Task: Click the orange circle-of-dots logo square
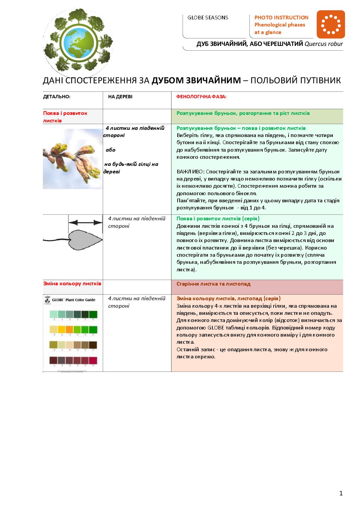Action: point(330,24)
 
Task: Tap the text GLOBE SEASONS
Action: point(208,18)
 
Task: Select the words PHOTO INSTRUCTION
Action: point(281,17)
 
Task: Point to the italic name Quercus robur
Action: point(324,44)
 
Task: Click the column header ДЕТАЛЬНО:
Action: point(56,97)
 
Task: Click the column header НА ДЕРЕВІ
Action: point(120,97)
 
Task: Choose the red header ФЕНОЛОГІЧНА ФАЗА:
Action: point(201,97)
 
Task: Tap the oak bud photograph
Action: point(72,158)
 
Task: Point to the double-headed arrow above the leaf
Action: point(85,223)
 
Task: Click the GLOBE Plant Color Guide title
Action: point(73,300)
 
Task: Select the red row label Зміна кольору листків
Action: point(72,284)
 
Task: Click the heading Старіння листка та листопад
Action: point(213,284)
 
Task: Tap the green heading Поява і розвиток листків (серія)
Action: point(218,219)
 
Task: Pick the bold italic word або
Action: point(111,150)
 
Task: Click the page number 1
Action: point(341,493)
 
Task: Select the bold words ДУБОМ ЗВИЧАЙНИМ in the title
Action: point(196,80)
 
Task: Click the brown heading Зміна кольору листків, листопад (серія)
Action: point(228,299)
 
